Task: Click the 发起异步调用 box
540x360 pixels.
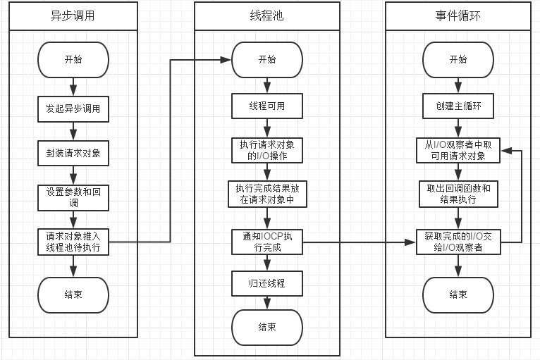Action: point(73,109)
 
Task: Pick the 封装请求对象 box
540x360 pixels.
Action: point(73,153)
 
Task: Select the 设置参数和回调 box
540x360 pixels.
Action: point(73,197)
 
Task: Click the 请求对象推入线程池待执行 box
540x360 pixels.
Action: point(73,242)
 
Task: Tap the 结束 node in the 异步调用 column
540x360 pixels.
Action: point(73,294)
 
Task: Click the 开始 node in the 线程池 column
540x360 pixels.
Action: point(266,60)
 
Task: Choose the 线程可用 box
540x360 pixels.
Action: point(266,106)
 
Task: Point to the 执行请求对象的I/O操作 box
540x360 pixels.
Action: point(266,150)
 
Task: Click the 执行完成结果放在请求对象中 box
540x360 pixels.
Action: point(266,194)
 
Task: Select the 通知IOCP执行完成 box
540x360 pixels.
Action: point(266,242)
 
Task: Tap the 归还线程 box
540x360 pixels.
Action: point(266,283)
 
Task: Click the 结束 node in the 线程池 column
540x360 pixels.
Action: point(266,327)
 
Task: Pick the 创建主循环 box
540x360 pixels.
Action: point(458,106)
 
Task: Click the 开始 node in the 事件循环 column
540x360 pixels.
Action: point(458,60)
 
